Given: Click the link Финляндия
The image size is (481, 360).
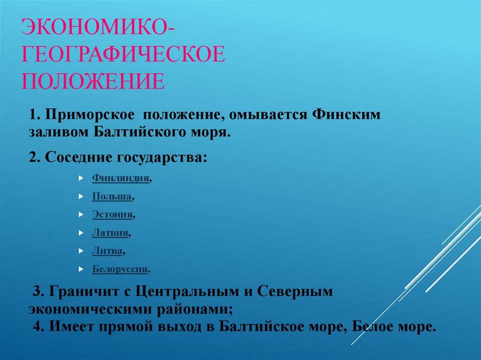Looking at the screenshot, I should click(x=121, y=178).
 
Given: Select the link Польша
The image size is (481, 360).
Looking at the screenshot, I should click(x=112, y=197).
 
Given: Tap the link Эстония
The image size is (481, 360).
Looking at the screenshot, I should click(x=113, y=214).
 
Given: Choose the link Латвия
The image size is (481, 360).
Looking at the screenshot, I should click(x=110, y=232).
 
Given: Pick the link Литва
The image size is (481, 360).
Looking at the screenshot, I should click(x=108, y=251).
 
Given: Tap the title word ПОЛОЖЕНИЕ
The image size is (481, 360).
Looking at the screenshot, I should click(x=93, y=81).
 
